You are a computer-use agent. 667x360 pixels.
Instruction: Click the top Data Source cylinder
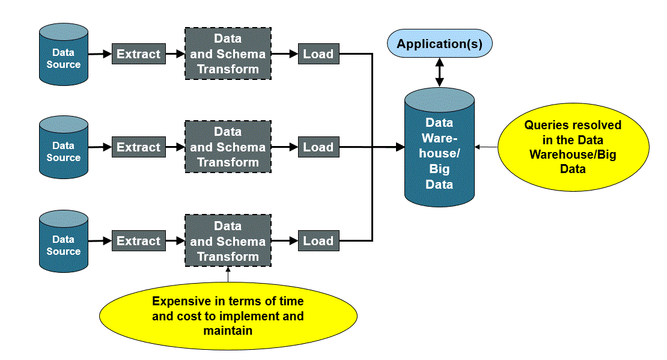pos(63,55)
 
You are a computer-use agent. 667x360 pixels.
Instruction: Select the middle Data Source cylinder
pos(63,147)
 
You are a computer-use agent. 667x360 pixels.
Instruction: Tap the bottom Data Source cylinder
pos(63,241)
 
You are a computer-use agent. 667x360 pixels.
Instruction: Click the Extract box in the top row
pos(139,53)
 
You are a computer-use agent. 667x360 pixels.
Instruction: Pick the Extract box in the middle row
pos(139,147)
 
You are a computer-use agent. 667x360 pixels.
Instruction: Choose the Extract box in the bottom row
pos(139,240)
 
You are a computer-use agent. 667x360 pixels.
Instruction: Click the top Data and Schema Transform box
pos(228,53)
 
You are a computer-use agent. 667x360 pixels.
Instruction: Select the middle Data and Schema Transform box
pos(228,147)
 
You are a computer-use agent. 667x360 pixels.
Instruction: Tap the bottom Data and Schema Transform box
pos(228,240)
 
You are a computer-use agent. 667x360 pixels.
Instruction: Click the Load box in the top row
pos(318,53)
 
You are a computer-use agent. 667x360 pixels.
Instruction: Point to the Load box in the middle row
pos(318,147)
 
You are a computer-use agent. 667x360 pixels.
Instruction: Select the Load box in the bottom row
pos(318,240)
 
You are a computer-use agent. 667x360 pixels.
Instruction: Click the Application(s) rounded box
pos(439,43)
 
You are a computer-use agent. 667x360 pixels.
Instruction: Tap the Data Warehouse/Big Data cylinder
pos(439,147)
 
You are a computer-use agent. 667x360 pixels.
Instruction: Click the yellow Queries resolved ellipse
pos(573,147)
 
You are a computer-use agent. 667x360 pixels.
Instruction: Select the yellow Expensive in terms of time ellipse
pos(228,316)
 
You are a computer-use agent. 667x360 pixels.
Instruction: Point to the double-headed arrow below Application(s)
pos(439,72)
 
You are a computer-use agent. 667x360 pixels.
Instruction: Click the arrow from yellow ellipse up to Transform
pos(228,275)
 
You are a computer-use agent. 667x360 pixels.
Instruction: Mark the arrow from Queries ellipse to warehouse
pos(486,147)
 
